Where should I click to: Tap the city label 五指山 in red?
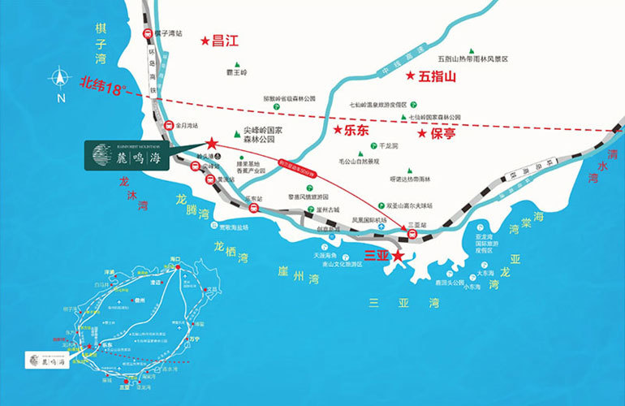coord(439,78)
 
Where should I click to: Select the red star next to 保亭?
coord(422,132)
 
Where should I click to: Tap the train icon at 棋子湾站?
coord(148,34)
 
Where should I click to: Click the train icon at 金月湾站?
coord(169,126)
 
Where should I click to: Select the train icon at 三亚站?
coord(412,235)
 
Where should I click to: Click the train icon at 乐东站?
coord(254,209)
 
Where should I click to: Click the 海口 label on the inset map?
coord(175,259)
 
